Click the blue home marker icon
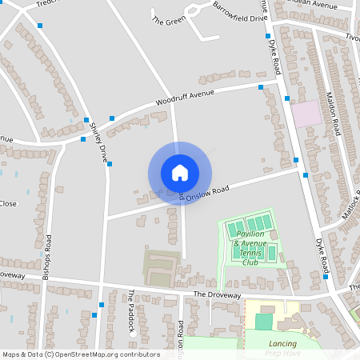[180, 172]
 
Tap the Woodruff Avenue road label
[186, 100]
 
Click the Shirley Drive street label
[98, 142]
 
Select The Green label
[168, 21]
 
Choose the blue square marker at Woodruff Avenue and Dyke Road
[261, 86]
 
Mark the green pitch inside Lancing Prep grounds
[263, 322]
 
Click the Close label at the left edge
[8, 203]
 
